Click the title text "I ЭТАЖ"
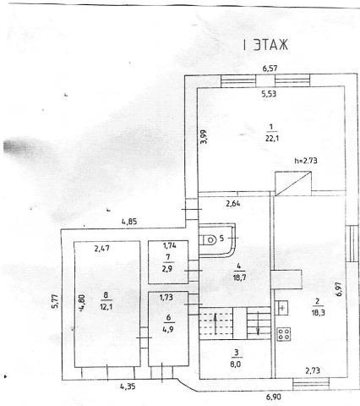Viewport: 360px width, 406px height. (266, 45)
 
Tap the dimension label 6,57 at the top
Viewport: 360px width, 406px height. (270, 69)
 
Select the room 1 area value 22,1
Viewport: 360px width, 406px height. (272, 139)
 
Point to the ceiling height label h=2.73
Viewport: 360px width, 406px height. (306, 161)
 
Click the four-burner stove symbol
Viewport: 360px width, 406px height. (284, 334)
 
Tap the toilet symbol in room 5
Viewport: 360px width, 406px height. (209, 240)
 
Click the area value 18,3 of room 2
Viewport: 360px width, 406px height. (318, 312)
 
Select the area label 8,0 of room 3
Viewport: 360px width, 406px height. (236, 364)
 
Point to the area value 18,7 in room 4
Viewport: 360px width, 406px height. (239, 277)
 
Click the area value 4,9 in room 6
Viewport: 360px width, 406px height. (168, 329)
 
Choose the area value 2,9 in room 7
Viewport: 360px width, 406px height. (167, 268)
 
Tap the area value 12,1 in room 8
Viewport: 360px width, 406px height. (106, 306)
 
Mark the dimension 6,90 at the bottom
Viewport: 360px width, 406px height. (273, 397)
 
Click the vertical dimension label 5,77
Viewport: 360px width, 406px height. (55, 301)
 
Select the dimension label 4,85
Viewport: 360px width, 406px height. (129, 222)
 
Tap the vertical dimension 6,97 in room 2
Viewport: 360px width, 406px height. (339, 288)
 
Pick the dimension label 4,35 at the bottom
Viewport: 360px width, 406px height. (128, 386)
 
